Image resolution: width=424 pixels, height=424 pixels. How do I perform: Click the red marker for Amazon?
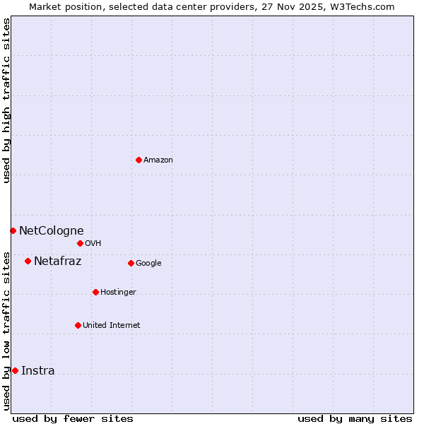coord(139,160)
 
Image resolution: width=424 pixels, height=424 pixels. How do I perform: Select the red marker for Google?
coord(131,263)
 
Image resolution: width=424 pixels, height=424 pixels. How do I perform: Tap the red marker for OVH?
coord(80,243)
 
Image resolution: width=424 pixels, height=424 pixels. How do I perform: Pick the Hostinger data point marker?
coord(95,292)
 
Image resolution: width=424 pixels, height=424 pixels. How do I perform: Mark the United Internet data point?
coord(78,325)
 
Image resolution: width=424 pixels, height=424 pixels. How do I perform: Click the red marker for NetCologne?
coord(13,230)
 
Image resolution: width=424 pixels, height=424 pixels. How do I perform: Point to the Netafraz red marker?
coord(28,261)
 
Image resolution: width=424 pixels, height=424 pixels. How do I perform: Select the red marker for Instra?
coord(15,370)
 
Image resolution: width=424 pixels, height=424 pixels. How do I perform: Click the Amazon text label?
coord(158,160)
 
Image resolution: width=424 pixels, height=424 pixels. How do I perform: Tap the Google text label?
coord(148,264)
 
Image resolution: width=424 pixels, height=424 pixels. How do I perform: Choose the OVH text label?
coord(93,244)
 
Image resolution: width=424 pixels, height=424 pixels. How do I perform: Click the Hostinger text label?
coord(118,293)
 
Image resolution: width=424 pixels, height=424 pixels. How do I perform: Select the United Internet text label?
coord(111,326)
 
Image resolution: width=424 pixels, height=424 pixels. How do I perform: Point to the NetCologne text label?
coord(51,230)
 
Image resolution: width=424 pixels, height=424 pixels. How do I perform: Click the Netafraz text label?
coord(57,261)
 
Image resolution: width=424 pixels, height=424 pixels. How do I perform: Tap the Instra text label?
coord(37,370)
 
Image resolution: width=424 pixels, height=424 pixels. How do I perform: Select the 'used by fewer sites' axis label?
coord(73,418)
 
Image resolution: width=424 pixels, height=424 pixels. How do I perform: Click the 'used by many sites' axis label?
coord(355,418)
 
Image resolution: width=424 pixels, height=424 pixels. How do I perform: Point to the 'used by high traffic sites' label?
coord(7,100)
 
